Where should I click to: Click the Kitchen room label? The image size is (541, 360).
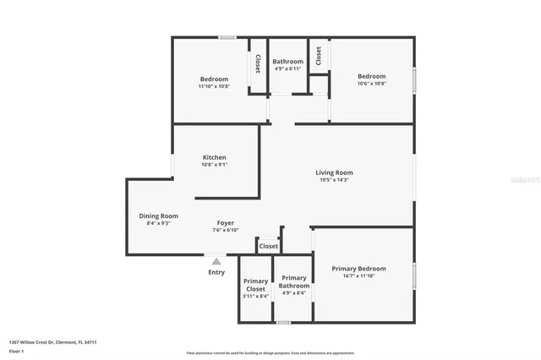pyautogui.click(x=214, y=157)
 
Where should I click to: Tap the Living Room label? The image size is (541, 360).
pyautogui.click(x=334, y=172)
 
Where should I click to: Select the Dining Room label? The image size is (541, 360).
pyautogui.click(x=159, y=215)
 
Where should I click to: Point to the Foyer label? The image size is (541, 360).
pyautogui.click(x=226, y=223)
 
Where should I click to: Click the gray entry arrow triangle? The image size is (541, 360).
pyautogui.click(x=216, y=262)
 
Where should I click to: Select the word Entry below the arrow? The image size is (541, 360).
pyautogui.click(x=216, y=272)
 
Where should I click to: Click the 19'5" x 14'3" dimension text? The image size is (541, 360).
pyautogui.click(x=334, y=180)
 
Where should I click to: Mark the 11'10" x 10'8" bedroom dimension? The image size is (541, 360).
pyautogui.click(x=214, y=86)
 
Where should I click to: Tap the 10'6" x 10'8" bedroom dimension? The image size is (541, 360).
pyautogui.click(x=371, y=84)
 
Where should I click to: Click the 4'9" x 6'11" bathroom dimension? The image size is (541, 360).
pyautogui.click(x=287, y=69)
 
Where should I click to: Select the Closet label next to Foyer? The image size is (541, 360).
pyautogui.click(x=268, y=246)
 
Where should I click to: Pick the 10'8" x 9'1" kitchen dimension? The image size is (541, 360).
pyautogui.click(x=214, y=165)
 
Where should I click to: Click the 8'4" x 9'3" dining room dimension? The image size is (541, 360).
pyautogui.click(x=159, y=223)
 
